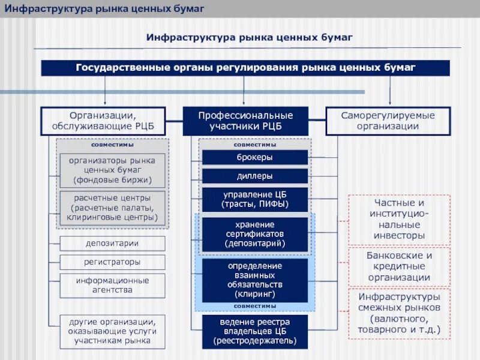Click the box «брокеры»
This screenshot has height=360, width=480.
click(254, 157)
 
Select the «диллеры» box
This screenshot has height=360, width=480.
click(254, 176)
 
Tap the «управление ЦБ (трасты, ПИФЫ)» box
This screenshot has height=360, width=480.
click(254, 200)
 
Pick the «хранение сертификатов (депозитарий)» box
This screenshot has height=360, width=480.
click(254, 234)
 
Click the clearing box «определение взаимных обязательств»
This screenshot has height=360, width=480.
click(254, 280)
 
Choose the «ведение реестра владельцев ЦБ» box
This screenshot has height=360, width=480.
click(254, 331)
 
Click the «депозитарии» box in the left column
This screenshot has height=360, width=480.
click(112, 243)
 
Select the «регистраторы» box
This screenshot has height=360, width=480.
click(112, 262)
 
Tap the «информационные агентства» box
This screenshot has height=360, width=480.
click(112, 285)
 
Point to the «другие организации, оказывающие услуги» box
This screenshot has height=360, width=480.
click(112, 331)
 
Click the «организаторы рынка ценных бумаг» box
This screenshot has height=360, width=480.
click(112, 170)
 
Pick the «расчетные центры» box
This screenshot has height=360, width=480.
click(112, 208)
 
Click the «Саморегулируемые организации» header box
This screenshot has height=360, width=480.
click(387, 121)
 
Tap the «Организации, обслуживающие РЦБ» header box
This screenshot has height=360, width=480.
click(103, 121)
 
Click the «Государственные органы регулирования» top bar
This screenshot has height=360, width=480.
click(245, 68)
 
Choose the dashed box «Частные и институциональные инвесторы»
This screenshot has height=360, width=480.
click(399, 219)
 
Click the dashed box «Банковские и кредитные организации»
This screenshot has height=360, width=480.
click(399, 266)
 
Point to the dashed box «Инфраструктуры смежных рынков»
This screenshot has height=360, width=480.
click(399, 313)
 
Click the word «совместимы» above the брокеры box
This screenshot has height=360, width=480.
click(254, 145)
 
